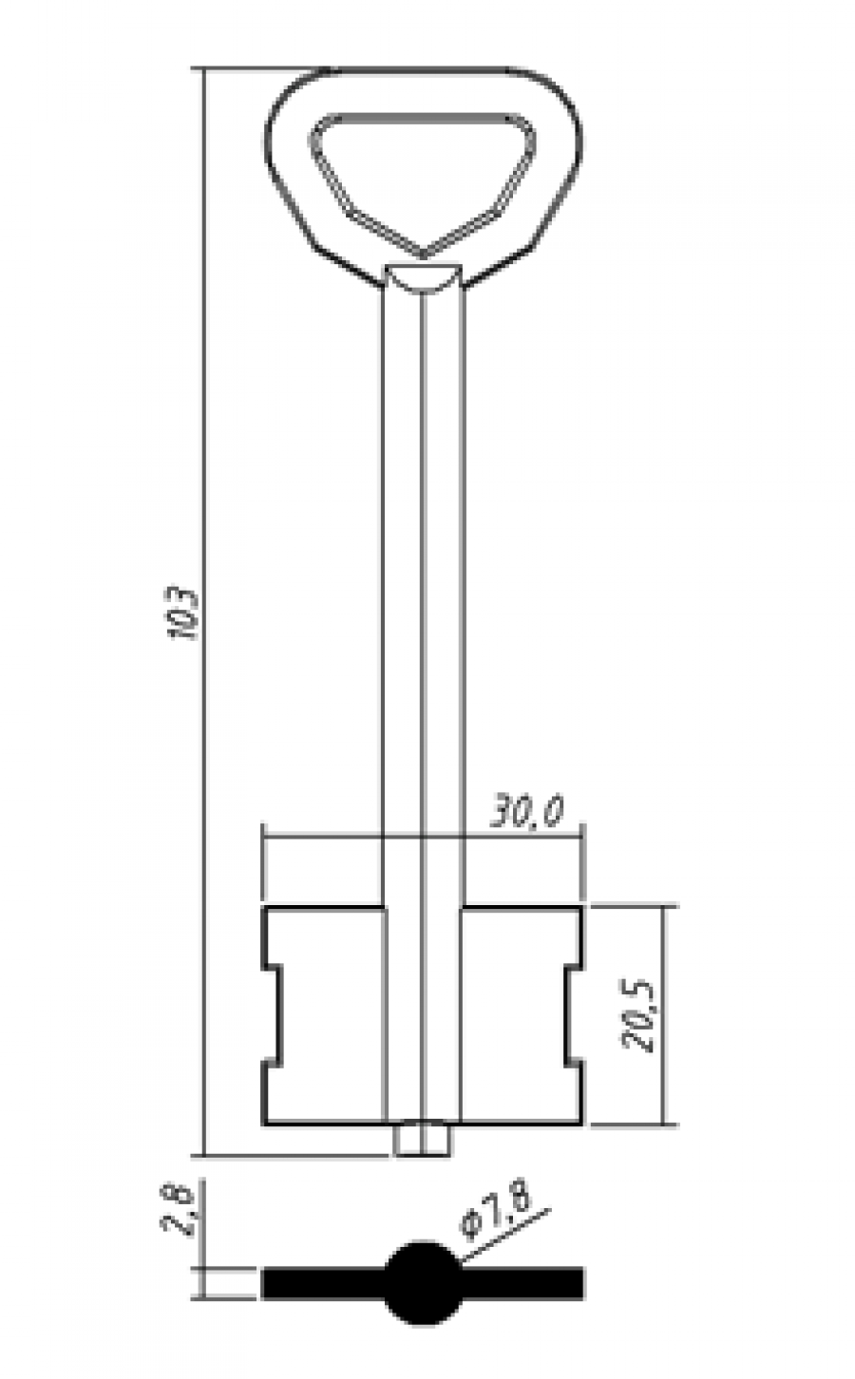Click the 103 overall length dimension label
(x=182, y=614)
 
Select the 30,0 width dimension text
(x=527, y=812)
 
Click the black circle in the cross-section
(x=423, y=1283)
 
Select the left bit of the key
(x=325, y=1016)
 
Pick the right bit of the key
(x=522, y=1016)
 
